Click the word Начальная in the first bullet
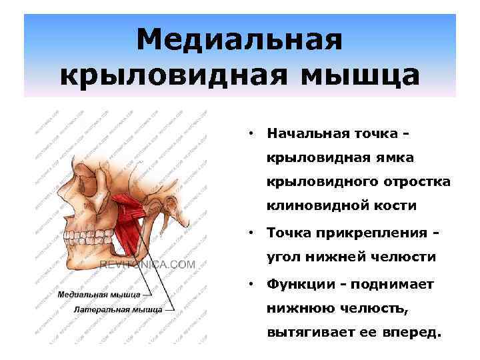tap(304, 132)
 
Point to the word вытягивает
tap(306, 333)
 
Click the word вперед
tap(414, 333)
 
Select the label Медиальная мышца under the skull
tap(99, 293)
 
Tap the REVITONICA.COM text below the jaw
tap(147, 265)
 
